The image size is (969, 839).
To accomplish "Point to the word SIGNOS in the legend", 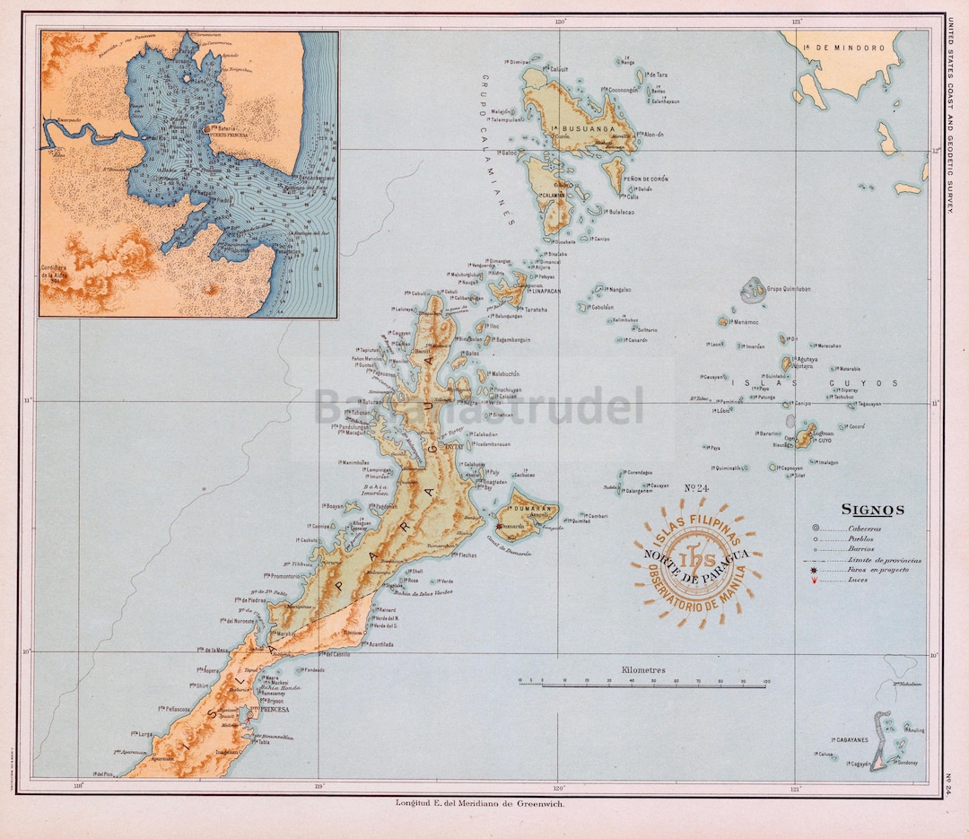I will (x=872, y=511).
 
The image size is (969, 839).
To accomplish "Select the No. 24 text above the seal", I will (x=697, y=489).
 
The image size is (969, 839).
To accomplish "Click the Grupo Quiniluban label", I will (x=789, y=290).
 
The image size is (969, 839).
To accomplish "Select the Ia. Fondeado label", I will (x=310, y=670).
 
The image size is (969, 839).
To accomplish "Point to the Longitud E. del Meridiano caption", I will (x=480, y=803).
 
